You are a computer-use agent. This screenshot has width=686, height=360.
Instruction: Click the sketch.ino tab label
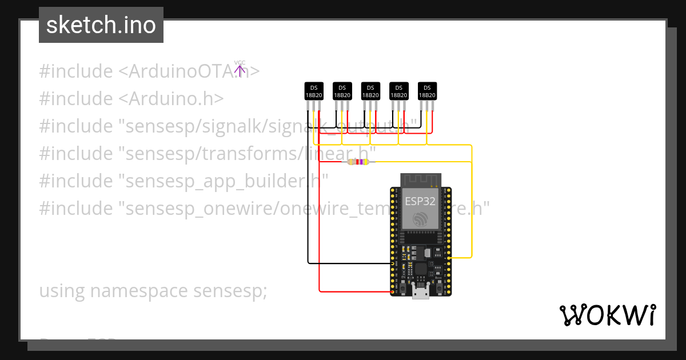pos(101,26)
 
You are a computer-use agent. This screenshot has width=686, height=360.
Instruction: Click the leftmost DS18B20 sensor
pos(313,91)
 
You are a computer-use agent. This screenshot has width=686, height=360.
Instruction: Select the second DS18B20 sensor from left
pos(342,91)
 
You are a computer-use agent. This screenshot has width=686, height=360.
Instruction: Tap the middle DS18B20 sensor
pos(370,91)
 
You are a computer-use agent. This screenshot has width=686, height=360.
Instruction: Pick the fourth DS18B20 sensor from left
pos(399,91)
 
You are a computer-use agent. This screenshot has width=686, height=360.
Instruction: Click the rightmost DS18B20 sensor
pos(428,91)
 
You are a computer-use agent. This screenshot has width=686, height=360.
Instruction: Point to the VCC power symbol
pos(240,69)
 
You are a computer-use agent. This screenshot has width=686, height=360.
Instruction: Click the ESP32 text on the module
pos(420,201)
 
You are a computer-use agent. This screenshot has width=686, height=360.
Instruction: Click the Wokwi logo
pos(607,315)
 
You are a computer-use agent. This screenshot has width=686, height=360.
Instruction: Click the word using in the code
pos(62,291)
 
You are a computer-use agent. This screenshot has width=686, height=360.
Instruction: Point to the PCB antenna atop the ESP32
pos(421,179)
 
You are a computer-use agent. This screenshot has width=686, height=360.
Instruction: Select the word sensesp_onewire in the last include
pos(197,209)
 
